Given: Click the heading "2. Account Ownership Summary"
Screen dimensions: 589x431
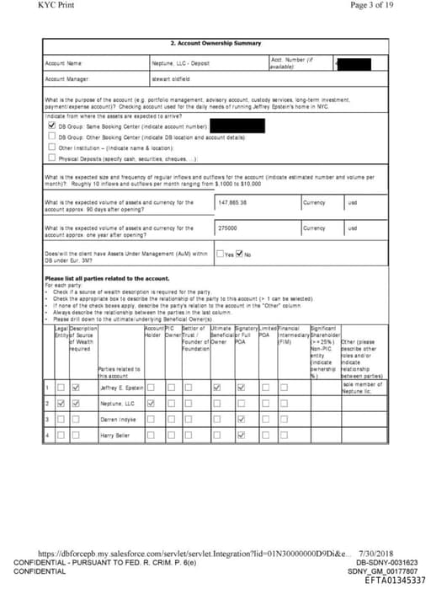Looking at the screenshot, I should pos(216,43).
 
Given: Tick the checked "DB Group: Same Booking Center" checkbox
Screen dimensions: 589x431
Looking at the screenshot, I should pos(51,125).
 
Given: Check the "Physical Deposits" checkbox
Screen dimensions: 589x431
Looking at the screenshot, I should pos(51,158).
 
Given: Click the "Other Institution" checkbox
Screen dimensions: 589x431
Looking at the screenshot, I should pos(51,147).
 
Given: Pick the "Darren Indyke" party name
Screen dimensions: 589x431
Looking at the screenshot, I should pos(118,419).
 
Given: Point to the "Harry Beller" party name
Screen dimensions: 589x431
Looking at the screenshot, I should pos(115,435).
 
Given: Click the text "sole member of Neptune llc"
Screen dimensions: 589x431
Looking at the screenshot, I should pos(363,388).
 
